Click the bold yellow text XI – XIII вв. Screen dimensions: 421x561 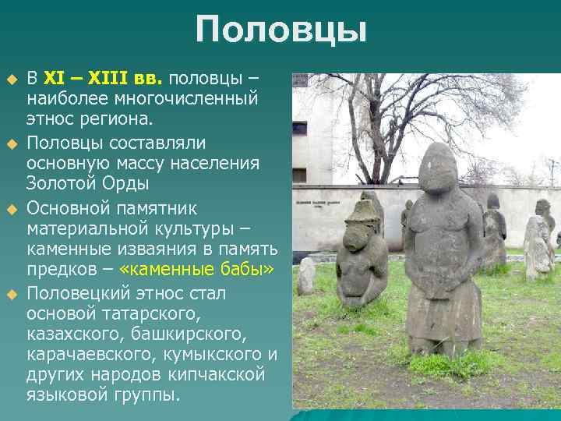tap(102, 79)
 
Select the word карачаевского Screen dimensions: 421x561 tap(85, 355)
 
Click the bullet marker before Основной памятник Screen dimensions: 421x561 tap(12, 210)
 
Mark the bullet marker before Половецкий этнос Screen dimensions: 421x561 tap(12, 294)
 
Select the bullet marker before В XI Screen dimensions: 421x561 tap(12, 80)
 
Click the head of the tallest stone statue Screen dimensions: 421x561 tap(441, 167)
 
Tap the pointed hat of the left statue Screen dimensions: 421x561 tap(363, 208)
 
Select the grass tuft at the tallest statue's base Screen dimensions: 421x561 tap(444, 360)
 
